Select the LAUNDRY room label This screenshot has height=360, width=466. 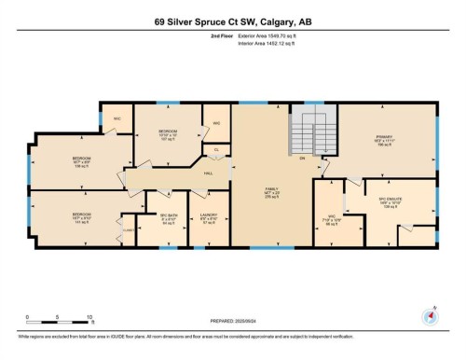click(211, 222)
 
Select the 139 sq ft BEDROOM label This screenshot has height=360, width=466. click(81, 162)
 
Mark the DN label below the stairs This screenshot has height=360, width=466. click(302, 157)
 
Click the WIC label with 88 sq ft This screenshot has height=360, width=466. click(328, 220)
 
